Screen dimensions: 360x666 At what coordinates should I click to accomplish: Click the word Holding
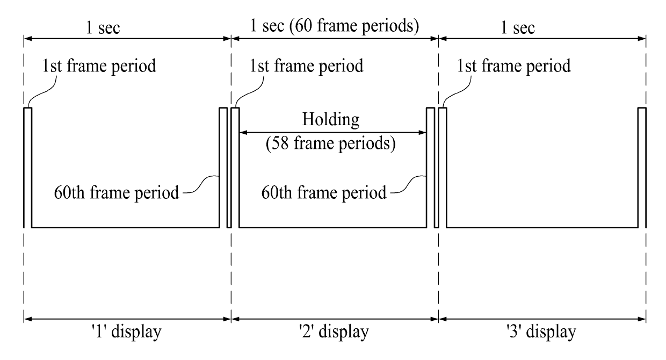point(330,119)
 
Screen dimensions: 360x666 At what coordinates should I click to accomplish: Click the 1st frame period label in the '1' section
point(100,67)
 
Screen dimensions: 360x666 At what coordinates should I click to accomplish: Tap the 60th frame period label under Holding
point(324,192)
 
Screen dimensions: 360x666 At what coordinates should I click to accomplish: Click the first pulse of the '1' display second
point(28,167)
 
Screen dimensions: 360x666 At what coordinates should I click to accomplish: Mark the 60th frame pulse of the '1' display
point(223,167)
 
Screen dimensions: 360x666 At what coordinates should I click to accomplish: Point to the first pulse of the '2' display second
point(235,167)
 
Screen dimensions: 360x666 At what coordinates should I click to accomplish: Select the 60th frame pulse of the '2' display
point(430,167)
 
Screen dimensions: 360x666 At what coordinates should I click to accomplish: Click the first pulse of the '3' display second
point(443,167)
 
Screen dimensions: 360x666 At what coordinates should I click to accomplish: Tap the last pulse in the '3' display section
point(641,167)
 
